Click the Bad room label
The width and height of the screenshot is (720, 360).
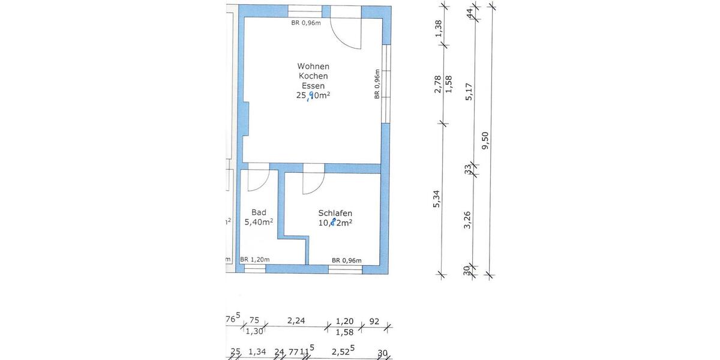tap(259, 212)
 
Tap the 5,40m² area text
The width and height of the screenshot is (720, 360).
tap(259, 222)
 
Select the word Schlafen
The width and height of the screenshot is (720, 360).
tap(335, 213)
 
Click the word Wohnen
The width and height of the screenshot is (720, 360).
tap(313, 66)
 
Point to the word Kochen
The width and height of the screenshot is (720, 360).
tap(313, 76)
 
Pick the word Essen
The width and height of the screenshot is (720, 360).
tap(313, 85)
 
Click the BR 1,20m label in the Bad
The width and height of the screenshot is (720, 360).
tap(254, 260)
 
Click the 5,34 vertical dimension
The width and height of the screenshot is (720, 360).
tap(437, 199)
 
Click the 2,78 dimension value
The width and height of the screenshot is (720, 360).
tap(437, 83)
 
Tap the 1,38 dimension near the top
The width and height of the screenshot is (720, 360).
tap(437, 28)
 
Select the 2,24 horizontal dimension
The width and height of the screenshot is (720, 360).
tap(296, 320)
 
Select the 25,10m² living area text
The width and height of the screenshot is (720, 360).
tap(313, 95)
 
